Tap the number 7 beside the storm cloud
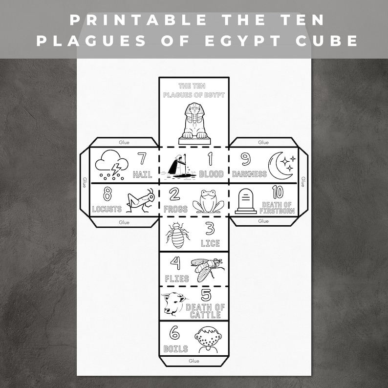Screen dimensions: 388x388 click(142, 159)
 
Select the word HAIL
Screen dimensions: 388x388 click(143, 174)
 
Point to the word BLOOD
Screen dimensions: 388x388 click(211, 174)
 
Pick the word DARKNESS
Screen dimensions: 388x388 click(249, 174)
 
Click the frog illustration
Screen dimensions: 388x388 click(208, 201)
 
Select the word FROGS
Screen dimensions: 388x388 click(174, 209)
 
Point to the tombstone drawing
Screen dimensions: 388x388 click(245, 201)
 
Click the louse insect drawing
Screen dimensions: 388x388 click(176, 235)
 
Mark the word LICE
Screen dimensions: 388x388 click(210, 243)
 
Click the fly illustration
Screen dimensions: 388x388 click(207, 269)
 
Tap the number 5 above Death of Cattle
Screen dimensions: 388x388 click(206, 295)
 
